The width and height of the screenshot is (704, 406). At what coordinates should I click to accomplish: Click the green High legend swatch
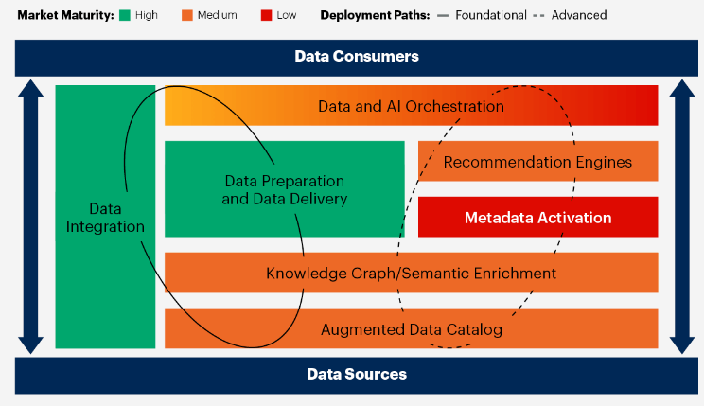[124, 15]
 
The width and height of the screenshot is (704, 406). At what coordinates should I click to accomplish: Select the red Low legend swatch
[265, 15]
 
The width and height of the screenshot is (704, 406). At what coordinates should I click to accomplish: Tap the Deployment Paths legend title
[374, 15]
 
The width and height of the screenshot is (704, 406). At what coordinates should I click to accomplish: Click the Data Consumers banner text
[357, 57]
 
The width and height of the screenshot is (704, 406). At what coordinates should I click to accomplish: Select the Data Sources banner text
[357, 374]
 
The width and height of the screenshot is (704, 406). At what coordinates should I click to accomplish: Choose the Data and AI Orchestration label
[411, 106]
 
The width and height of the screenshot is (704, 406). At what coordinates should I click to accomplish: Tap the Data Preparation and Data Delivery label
[284, 189]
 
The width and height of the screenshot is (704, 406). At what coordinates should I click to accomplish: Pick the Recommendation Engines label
[537, 162]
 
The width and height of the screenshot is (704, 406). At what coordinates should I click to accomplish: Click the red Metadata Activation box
[537, 218]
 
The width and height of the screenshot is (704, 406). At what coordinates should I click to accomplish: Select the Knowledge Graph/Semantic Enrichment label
[411, 274]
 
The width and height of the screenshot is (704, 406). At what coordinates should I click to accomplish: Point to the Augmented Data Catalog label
[411, 329]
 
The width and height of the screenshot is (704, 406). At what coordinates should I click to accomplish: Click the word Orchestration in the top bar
[457, 106]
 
